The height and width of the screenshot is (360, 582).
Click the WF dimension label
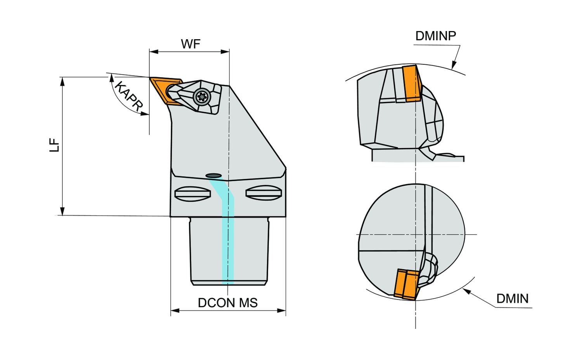[191, 44]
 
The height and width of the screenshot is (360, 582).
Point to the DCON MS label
[228, 303]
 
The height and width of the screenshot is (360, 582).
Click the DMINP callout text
[436, 36]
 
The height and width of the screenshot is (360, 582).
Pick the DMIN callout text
[512, 298]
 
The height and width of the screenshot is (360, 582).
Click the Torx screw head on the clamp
[202, 97]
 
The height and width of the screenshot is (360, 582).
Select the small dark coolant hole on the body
[213, 175]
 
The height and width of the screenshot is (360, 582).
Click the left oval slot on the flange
[192, 193]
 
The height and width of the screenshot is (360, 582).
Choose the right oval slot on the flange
[263, 193]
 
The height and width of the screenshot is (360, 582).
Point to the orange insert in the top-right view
[411, 83]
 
